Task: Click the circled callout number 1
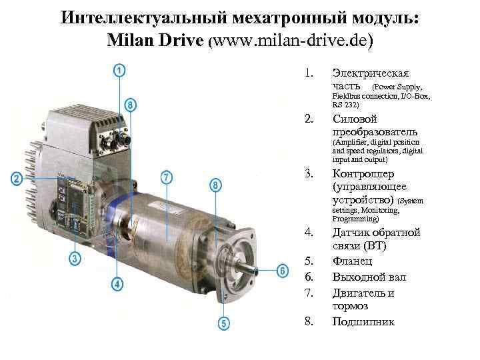tap(119, 71)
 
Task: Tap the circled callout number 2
tap(17, 178)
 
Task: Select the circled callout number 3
tap(75, 259)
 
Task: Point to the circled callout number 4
tap(117, 284)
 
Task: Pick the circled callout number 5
tap(224, 323)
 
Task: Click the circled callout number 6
tap(282, 271)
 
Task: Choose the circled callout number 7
tap(166, 177)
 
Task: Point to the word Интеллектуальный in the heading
tap(143, 17)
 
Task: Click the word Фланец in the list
tap(353, 261)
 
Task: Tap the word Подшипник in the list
tap(363, 321)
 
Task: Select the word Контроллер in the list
tap(363, 174)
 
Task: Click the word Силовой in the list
tap(355, 119)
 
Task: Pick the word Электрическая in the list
tap(371, 73)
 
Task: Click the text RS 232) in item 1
tap(345, 105)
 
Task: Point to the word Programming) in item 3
tap(356, 219)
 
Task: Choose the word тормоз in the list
tap(350, 306)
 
